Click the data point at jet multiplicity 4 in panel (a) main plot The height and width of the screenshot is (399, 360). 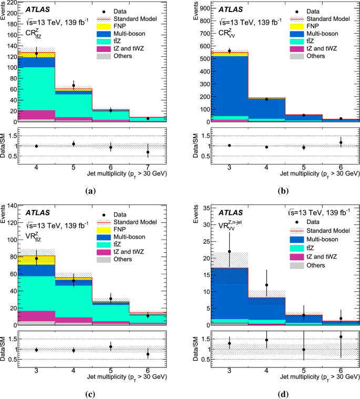(x=36, y=53)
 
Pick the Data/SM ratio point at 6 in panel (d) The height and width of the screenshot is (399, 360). (x=341, y=337)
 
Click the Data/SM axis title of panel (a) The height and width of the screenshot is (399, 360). (x=6, y=145)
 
